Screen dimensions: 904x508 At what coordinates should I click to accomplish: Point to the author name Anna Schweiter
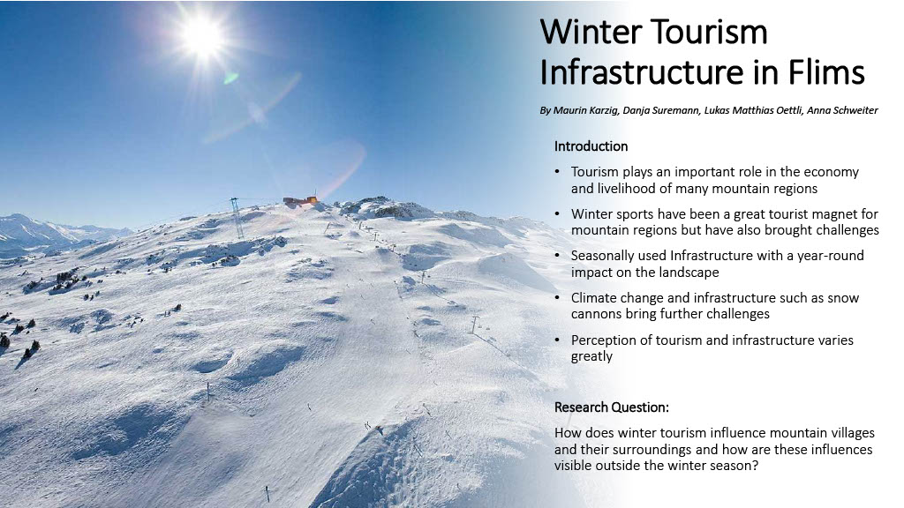[x=842, y=110]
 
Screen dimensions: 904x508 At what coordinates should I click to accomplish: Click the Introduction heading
[x=591, y=146]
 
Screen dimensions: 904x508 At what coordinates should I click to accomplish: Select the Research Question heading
[x=612, y=407]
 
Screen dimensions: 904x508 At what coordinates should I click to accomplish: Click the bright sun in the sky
[x=202, y=35]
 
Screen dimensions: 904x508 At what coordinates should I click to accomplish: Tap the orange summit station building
[x=300, y=200]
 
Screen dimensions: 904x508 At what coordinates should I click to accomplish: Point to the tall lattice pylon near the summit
[x=236, y=218]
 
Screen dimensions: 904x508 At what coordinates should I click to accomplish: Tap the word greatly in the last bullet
[x=591, y=356]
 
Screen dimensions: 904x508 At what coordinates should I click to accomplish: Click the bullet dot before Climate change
[x=557, y=297]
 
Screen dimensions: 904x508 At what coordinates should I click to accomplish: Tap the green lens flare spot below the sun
[x=230, y=78]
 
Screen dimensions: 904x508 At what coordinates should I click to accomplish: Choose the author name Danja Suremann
[x=660, y=110]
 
